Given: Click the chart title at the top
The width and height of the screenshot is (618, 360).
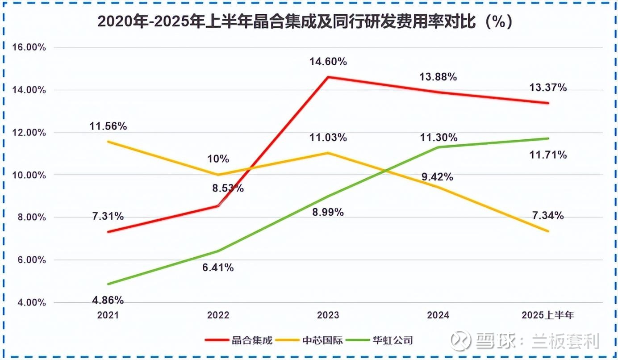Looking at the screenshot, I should tap(305, 22).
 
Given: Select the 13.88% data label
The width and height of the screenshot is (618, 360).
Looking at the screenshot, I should tap(438, 77).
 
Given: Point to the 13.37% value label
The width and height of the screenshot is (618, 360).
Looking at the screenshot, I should tap(548, 88).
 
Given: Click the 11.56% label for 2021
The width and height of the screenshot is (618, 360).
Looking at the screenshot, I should tap(108, 126).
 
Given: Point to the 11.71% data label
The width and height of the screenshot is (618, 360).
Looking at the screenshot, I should tap(548, 155).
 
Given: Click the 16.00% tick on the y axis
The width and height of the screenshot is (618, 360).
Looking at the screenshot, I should tap(27, 47).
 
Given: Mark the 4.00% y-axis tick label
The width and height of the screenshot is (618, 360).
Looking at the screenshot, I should tap(29, 303).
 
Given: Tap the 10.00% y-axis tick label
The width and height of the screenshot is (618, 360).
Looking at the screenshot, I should tap(27, 175).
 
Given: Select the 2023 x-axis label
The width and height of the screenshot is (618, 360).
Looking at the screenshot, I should tap(328, 315).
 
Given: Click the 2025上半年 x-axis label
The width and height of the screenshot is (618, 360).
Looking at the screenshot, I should tap(548, 315).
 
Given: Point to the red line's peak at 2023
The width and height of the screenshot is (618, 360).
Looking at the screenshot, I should tap(328, 77).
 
